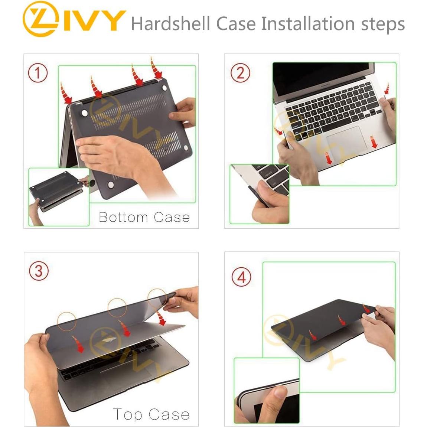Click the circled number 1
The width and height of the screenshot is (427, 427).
point(38,73)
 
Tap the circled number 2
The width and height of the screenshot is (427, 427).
point(240,73)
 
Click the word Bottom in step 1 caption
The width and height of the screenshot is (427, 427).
point(123,217)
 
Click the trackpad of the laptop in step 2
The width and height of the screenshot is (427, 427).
point(347,140)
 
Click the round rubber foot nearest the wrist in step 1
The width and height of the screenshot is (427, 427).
point(110,185)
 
